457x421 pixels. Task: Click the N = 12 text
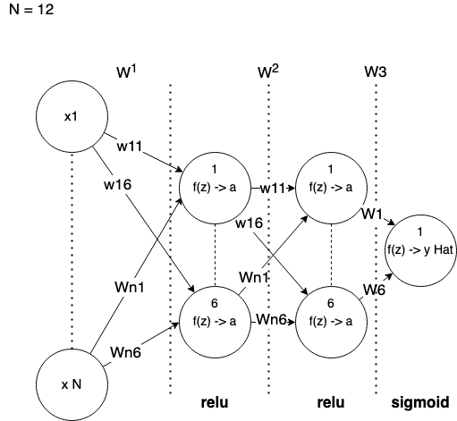pyautogui.click(x=31, y=10)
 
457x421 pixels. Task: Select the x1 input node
pyautogui.click(x=72, y=116)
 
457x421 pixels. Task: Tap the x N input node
pyautogui.click(x=72, y=384)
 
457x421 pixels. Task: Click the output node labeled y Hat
pyautogui.click(x=420, y=250)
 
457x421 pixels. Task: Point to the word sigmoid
pyautogui.click(x=420, y=402)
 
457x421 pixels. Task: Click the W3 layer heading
pyautogui.click(x=376, y=72)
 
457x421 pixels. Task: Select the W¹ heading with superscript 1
pyautogui.click(x=126, y=72)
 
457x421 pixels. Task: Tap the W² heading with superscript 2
pyautogui.click(x=268, y=72)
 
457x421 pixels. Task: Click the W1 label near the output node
pyautogui.click(x=372, y=214)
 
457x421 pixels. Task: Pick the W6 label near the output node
pyautogui.click(x=374, y=290)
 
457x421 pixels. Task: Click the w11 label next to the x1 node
pyautogui.click(x=130, y=147)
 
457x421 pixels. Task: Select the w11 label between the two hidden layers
pyautogui.click(x=273, y=189)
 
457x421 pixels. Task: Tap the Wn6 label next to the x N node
pyautogui.click(x=126, y=352)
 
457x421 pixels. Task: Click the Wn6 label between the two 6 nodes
pyautogui.click(x=272, y=320)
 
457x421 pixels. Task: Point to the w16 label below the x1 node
pyautogui.click(x=118, y=185)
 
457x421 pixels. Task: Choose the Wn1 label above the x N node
pyautogui.click(x=130, y=287)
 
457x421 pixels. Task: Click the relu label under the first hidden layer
pyautogui.click(x=215, y=402)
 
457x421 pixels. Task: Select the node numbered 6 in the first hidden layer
pyautogui.click(x=215, y=322)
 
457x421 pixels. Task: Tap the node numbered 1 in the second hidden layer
pyautogui.click(x=331, y=188)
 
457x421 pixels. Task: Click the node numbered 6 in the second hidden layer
pyautogui.click(x=331, y=322)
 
